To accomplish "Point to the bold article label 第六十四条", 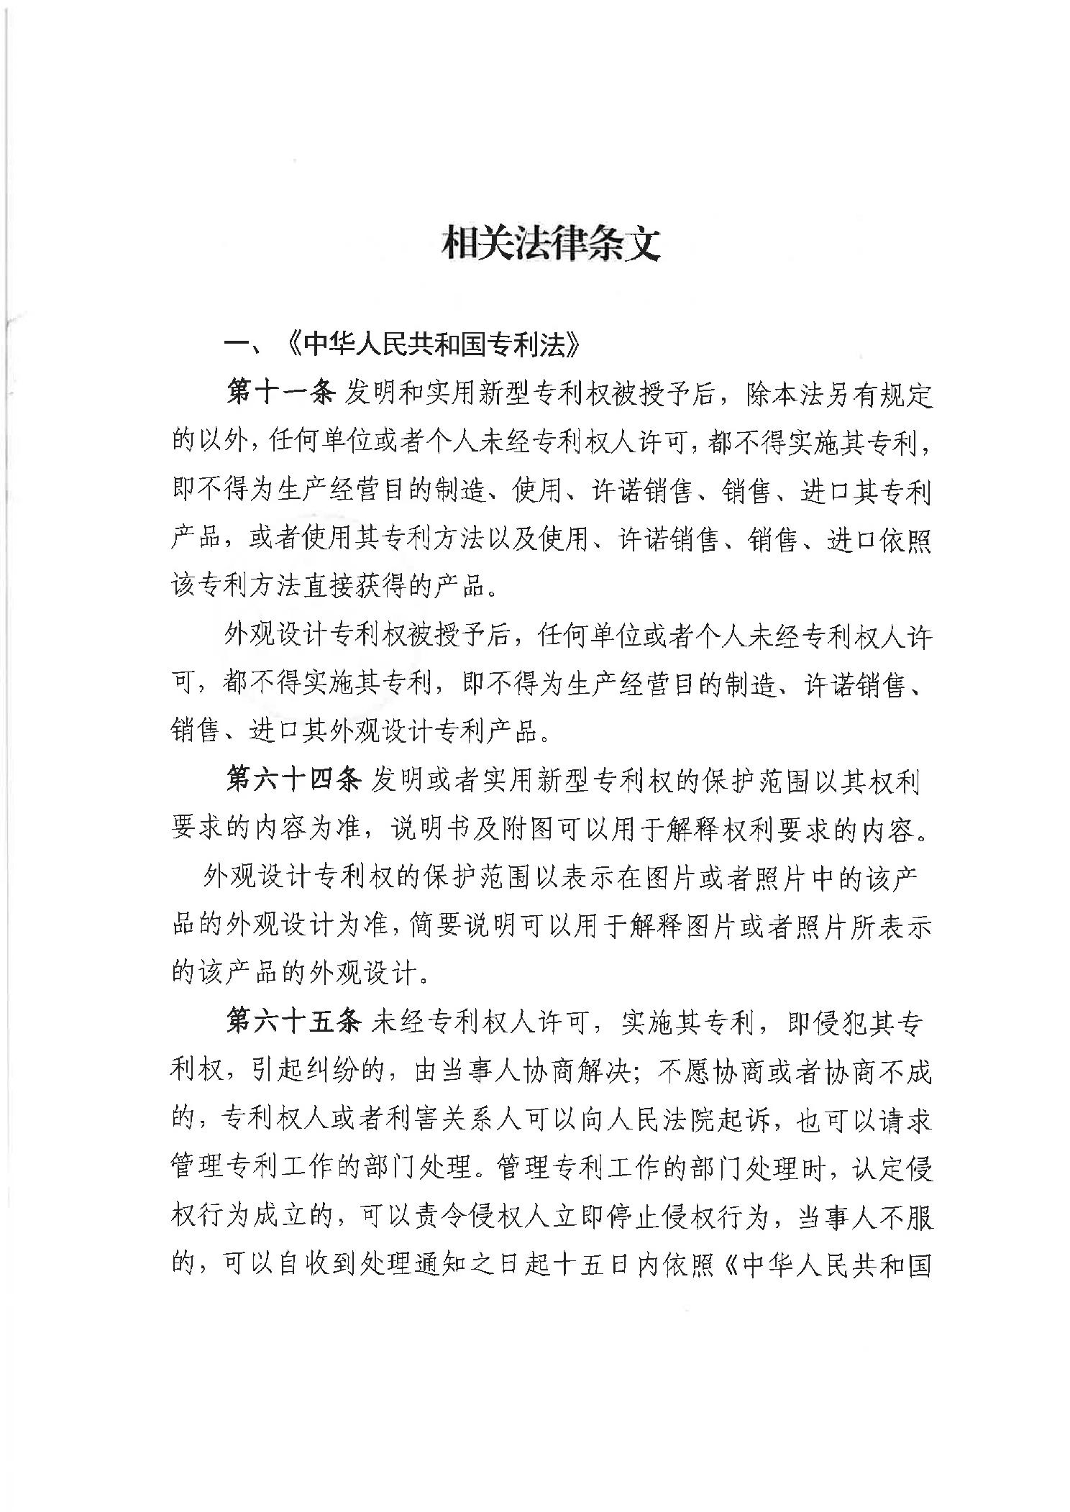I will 293,782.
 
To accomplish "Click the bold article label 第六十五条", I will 293,1023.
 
